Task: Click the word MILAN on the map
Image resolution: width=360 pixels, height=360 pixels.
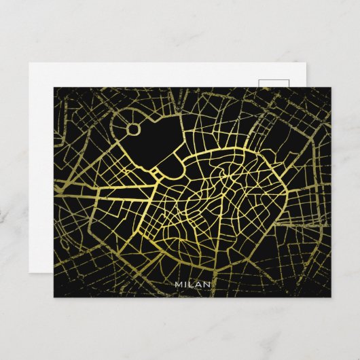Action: point(193,283)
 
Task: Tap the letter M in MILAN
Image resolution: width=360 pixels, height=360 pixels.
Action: point(179,283)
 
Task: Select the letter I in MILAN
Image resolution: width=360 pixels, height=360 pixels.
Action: point(186,283)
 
